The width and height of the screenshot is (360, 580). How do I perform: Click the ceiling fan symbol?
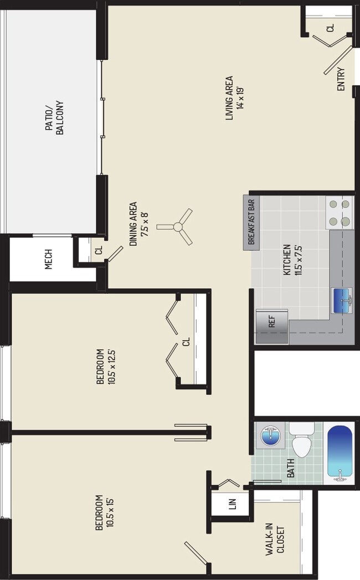[x=177, y=227]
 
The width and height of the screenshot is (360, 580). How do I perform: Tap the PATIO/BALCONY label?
[x=54, y=117]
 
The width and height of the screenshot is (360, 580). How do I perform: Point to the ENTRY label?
[x=341, y=79]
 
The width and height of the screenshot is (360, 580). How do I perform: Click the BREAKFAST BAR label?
[x=251, y=222]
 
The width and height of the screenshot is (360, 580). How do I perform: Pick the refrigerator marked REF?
[x=272, y=326]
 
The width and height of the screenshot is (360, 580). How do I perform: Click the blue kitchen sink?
[x=341, y=300]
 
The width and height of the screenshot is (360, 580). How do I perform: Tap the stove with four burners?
[x=340, y=213]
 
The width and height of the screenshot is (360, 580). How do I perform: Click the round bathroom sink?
[x=270, y=435]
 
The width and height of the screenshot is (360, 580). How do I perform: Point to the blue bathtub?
[x=339, y=452]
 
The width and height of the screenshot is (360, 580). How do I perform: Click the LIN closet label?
[x=232, y=505]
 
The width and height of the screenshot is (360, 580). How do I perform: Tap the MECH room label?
[x=49, y=259]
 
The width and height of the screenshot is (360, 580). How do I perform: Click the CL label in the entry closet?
[x=330, y=27]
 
